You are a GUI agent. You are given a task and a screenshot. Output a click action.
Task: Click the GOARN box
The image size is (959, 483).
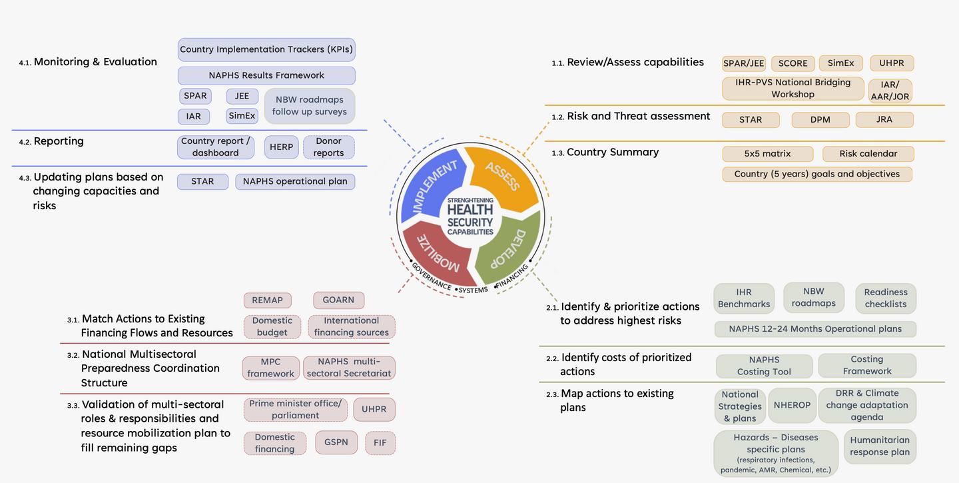tap(338, 300)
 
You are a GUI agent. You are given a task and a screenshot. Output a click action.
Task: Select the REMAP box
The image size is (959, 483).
tap(267, 300)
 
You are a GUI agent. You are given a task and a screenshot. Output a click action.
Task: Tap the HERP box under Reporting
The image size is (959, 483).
tap(281, 147)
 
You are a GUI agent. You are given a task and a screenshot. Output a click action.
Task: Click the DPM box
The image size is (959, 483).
tap(820, 119)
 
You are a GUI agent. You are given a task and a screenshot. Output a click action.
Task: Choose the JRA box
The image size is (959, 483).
tap(884, 119)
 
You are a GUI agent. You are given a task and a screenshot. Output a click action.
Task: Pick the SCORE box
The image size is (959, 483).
tap(793, 63)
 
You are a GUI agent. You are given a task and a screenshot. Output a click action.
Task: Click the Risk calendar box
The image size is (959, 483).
tap(868, 153)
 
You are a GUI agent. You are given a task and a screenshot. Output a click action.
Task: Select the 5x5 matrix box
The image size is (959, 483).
tap(767, 153)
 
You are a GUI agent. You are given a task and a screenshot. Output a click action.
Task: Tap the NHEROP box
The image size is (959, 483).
tap(792, 405)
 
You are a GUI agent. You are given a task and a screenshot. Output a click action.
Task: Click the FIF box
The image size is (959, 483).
tap(380, 442)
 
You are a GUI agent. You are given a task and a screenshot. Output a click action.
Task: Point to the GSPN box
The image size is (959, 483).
tap(336, 442)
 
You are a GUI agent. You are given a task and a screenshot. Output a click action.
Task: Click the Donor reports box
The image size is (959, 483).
tap(328, 147)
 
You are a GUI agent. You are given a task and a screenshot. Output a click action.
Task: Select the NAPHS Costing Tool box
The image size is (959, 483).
tap(764, 366)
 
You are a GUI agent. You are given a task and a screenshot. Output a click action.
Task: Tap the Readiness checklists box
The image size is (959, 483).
tap(885, 298)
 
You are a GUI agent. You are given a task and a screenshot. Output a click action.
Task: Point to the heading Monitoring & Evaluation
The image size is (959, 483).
tap(95, 62)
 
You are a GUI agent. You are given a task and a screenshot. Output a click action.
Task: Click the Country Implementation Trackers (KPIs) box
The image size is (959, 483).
tap(266, 49)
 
